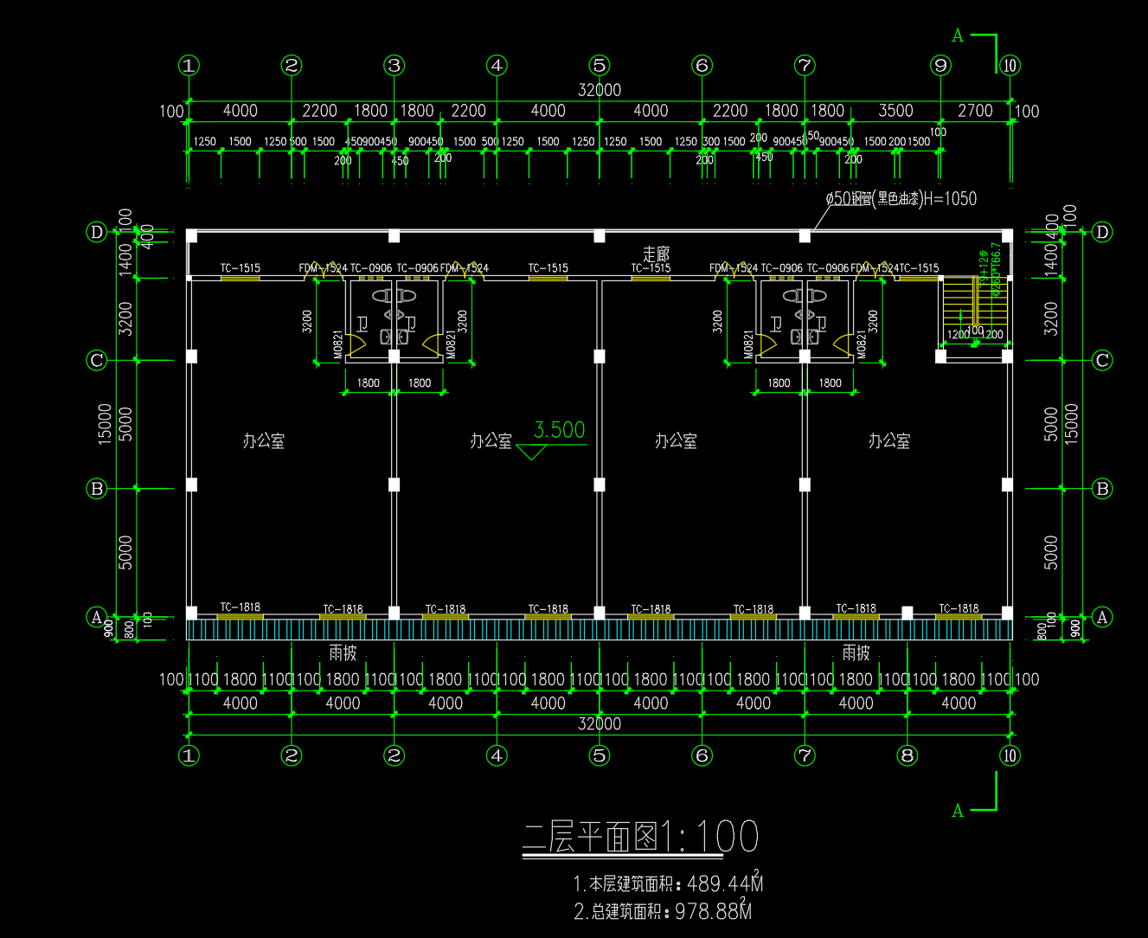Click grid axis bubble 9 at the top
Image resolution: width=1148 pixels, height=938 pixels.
coord(940,65)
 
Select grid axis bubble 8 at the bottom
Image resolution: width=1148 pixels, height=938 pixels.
coord(907,755)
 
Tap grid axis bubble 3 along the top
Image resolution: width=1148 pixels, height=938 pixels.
coord(394,65)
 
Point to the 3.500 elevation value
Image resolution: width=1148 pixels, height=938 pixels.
coord(559,430)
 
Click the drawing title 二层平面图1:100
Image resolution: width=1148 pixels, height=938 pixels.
coord(640,837)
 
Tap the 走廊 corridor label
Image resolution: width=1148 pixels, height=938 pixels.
coord(656,254)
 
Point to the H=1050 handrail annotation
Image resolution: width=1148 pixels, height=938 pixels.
coord(950,199)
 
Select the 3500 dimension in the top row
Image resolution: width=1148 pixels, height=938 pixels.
coord(895,111)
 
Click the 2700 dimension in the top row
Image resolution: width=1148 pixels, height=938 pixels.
coord(975,111)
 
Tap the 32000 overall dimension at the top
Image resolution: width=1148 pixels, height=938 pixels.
coord(600,90)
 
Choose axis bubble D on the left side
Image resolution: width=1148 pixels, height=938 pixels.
coord(97,232)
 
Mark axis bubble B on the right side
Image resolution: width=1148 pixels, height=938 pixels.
coord(1102,488)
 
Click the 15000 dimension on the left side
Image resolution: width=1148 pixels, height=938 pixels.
coord(106,424)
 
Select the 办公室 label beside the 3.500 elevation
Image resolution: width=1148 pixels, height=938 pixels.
coord(491,441)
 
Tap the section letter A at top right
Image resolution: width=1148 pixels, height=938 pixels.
coord(958,35)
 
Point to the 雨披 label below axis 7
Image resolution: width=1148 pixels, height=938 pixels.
coord(856,652)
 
